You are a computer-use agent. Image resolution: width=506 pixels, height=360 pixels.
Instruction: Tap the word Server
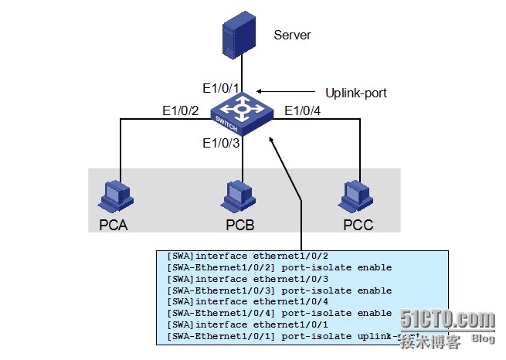(292, 35)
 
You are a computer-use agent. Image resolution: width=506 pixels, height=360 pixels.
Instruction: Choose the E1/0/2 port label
(180, 111)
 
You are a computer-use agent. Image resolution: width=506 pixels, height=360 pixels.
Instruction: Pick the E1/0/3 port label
(220, 143)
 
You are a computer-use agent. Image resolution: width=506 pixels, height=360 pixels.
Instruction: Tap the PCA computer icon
(114, 196)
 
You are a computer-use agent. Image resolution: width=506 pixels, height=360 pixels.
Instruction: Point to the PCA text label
(114, 226)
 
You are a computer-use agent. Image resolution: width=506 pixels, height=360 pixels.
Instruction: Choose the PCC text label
(358, 226)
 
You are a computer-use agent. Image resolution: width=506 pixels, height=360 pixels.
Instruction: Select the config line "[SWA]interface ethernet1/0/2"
(237, 256)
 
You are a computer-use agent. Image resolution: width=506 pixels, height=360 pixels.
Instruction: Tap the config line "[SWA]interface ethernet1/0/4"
(237, 302)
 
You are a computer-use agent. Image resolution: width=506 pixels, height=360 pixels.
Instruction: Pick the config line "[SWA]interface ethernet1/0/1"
(237, 324)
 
